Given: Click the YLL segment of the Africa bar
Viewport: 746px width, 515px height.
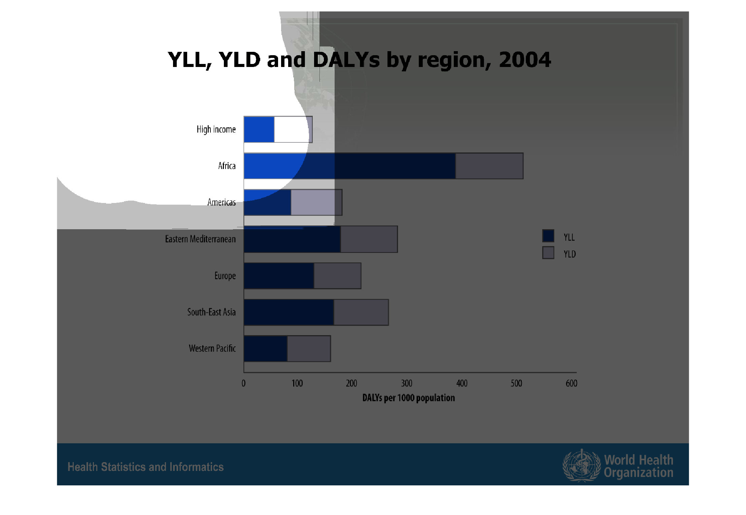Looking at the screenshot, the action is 349,166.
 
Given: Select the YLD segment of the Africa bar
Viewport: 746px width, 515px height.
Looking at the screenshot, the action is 489,166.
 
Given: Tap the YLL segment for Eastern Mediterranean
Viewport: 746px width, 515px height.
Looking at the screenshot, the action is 292,239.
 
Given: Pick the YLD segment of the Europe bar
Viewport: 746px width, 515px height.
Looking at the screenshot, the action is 338,276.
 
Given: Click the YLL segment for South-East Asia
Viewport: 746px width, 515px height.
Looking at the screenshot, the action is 289,312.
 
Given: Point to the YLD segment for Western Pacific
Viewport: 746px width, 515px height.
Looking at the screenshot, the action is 309,349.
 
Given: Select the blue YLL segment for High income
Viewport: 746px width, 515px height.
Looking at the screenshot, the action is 259,129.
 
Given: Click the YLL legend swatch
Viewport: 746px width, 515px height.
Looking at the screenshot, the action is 548,236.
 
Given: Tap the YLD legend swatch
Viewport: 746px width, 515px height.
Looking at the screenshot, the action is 548,253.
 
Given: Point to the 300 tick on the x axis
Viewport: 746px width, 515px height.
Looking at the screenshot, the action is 407,383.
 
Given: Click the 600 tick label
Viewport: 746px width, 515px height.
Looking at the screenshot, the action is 572,383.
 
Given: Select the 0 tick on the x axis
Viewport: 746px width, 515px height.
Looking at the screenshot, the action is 244,383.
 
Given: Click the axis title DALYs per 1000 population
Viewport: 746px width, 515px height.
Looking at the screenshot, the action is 409,398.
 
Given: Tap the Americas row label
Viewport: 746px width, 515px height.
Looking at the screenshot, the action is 222,202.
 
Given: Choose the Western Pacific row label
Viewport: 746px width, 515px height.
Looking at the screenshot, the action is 212,348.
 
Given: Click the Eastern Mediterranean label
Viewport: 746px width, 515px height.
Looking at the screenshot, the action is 200,239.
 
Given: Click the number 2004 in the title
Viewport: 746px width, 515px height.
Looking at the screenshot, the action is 525,60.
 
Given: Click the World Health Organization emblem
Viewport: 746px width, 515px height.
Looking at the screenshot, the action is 582,466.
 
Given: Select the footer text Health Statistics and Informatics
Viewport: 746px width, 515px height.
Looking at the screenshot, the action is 145,467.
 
